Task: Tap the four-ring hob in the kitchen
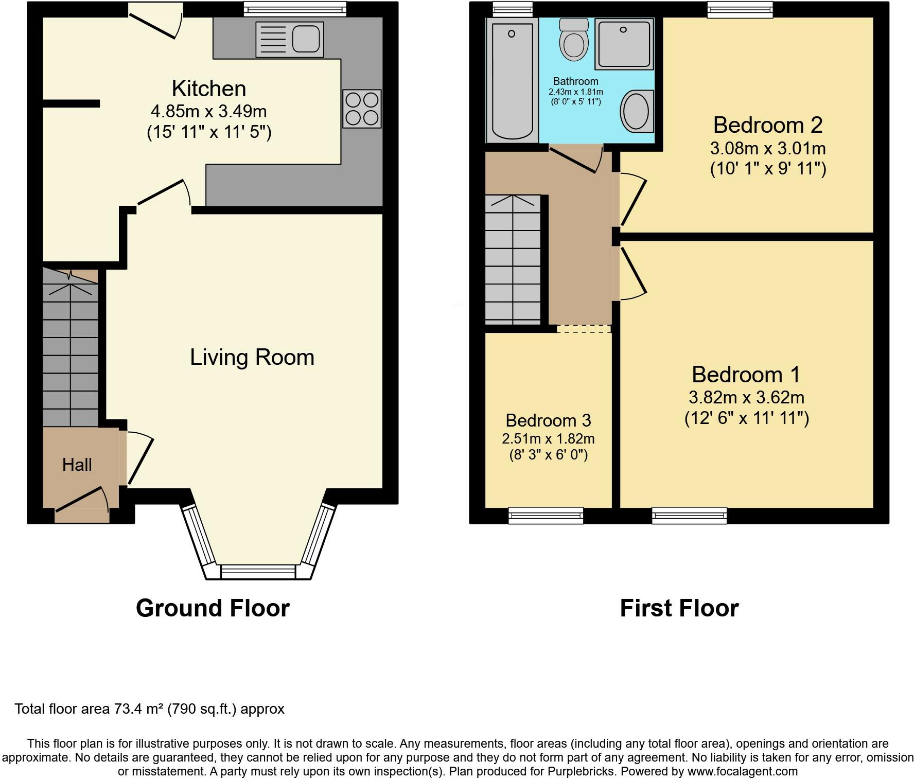[x=362, y=108]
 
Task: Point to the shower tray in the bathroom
[x=624, y=44]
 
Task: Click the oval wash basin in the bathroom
[x=637, y=111]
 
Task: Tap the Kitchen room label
[x=208, y=89]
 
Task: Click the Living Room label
[x=252, y=357]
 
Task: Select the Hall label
[x=77, y=465]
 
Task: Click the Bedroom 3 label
[x=548, y=420]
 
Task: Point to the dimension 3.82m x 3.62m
[x=746, y=397]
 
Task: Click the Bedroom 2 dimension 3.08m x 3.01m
[x=767, y=149]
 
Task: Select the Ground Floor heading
[x=213, y=608]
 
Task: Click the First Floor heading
[x=679, y=608]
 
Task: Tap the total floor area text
[x=149, y=709]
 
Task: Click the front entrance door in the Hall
[x=81, y=500]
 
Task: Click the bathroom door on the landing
[x=573, y=160]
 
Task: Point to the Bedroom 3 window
[x=546, y=515]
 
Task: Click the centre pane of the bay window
[x=258, y=571]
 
